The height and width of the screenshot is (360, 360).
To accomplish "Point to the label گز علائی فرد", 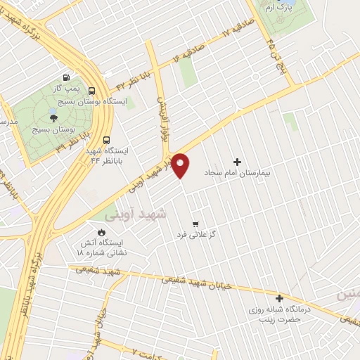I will point(195,234).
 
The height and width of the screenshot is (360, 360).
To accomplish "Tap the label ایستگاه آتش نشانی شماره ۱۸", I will point(100,247).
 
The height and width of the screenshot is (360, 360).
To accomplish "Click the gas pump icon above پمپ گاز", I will point(66,78).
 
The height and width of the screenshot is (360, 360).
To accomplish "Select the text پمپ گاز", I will point(65,89).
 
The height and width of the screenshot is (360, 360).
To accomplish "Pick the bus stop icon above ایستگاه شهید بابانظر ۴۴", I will point(106,139).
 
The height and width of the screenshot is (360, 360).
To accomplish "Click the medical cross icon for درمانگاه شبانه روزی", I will point(280,298).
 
